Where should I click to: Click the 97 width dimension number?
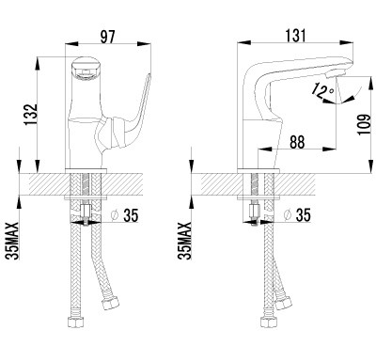(107, 37)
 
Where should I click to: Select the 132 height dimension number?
(31, 115)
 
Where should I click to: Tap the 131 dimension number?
(295, 36)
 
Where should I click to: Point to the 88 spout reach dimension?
(297, 142)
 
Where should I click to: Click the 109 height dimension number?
(364, 124)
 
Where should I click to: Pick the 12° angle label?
(323, 90)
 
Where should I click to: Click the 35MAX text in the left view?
(13, 241)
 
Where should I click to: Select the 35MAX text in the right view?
(184, 241)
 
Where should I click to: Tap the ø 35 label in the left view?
(125, 215)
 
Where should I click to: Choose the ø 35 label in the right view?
(297, 215)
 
